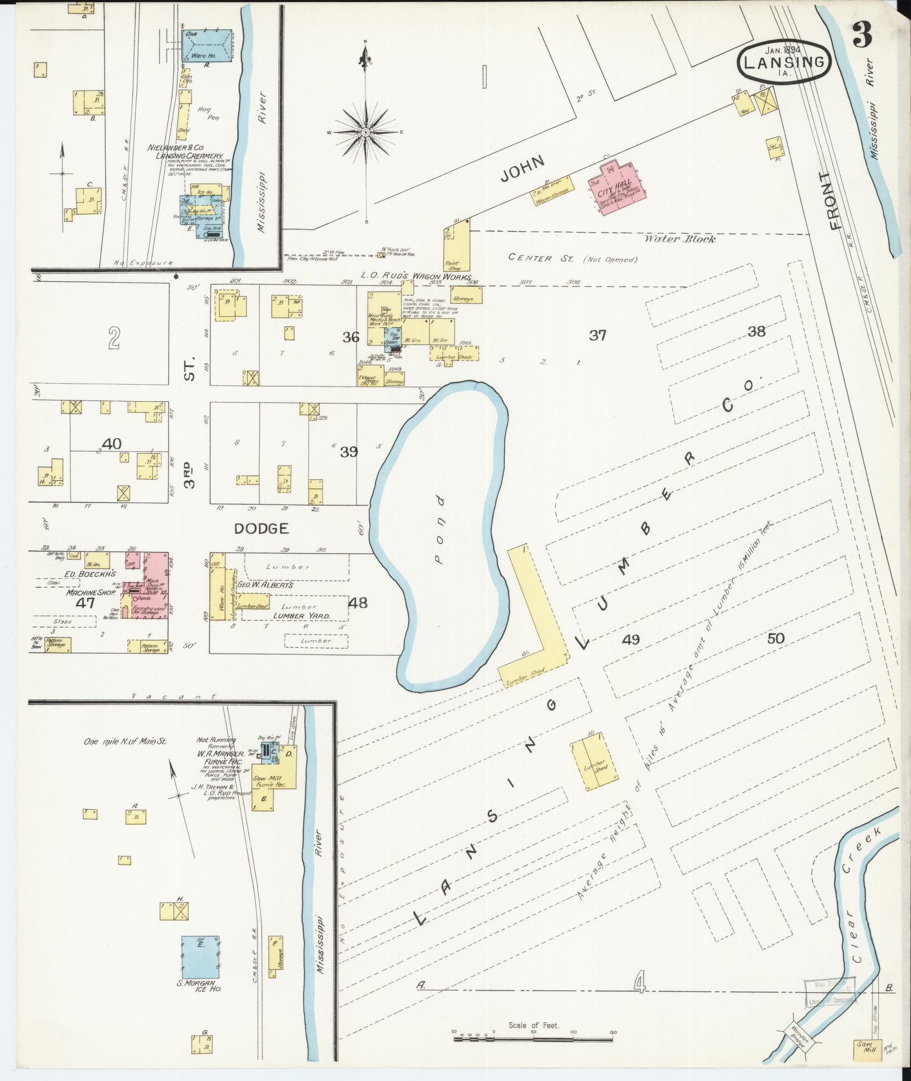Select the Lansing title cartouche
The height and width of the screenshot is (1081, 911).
point(784,63)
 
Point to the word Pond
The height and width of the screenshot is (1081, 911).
point(438,531)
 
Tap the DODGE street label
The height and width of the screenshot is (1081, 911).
point(261,528)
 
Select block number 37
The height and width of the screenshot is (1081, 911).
point(598,336)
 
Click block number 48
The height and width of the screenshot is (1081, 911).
point(358,603)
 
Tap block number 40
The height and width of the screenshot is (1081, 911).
point(112,444)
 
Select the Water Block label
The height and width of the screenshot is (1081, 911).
point(680,239)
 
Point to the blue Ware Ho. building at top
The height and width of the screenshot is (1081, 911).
point(207,46)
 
